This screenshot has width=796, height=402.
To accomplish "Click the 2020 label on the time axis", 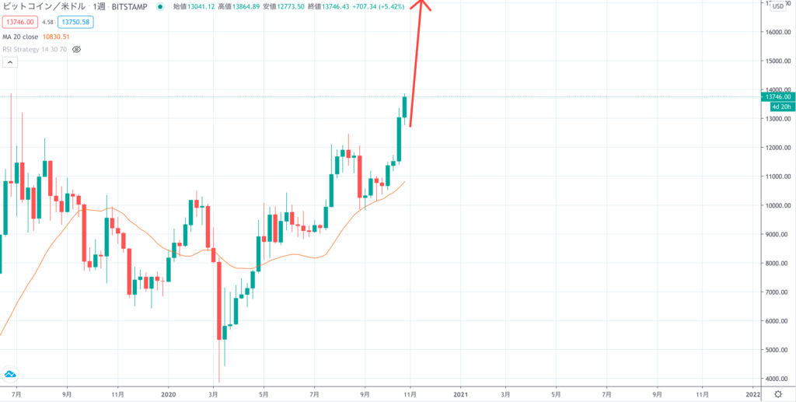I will [168, 393].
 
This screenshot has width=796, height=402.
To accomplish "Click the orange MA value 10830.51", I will [56, 36].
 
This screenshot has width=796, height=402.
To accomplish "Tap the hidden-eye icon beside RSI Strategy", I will [76, 49].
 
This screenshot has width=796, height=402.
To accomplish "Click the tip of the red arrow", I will [422, 2].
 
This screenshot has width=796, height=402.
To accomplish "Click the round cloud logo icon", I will [10, 374].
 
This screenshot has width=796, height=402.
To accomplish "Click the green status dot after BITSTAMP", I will [160, 6].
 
